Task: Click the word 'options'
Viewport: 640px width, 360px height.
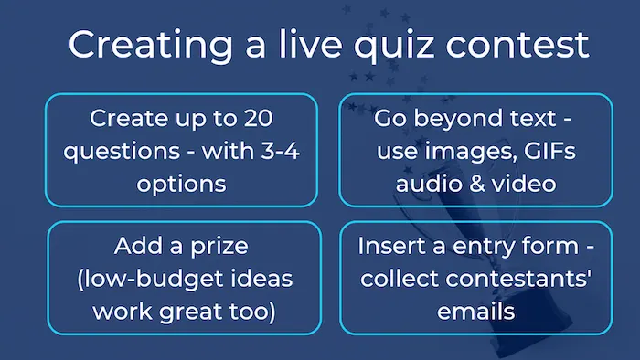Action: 181,183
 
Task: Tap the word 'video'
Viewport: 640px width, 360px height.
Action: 520,183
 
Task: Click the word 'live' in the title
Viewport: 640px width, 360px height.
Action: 287,45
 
